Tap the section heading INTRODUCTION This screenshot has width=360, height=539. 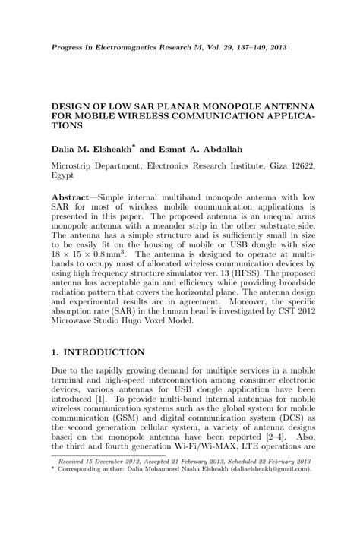(x=105, y=352)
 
